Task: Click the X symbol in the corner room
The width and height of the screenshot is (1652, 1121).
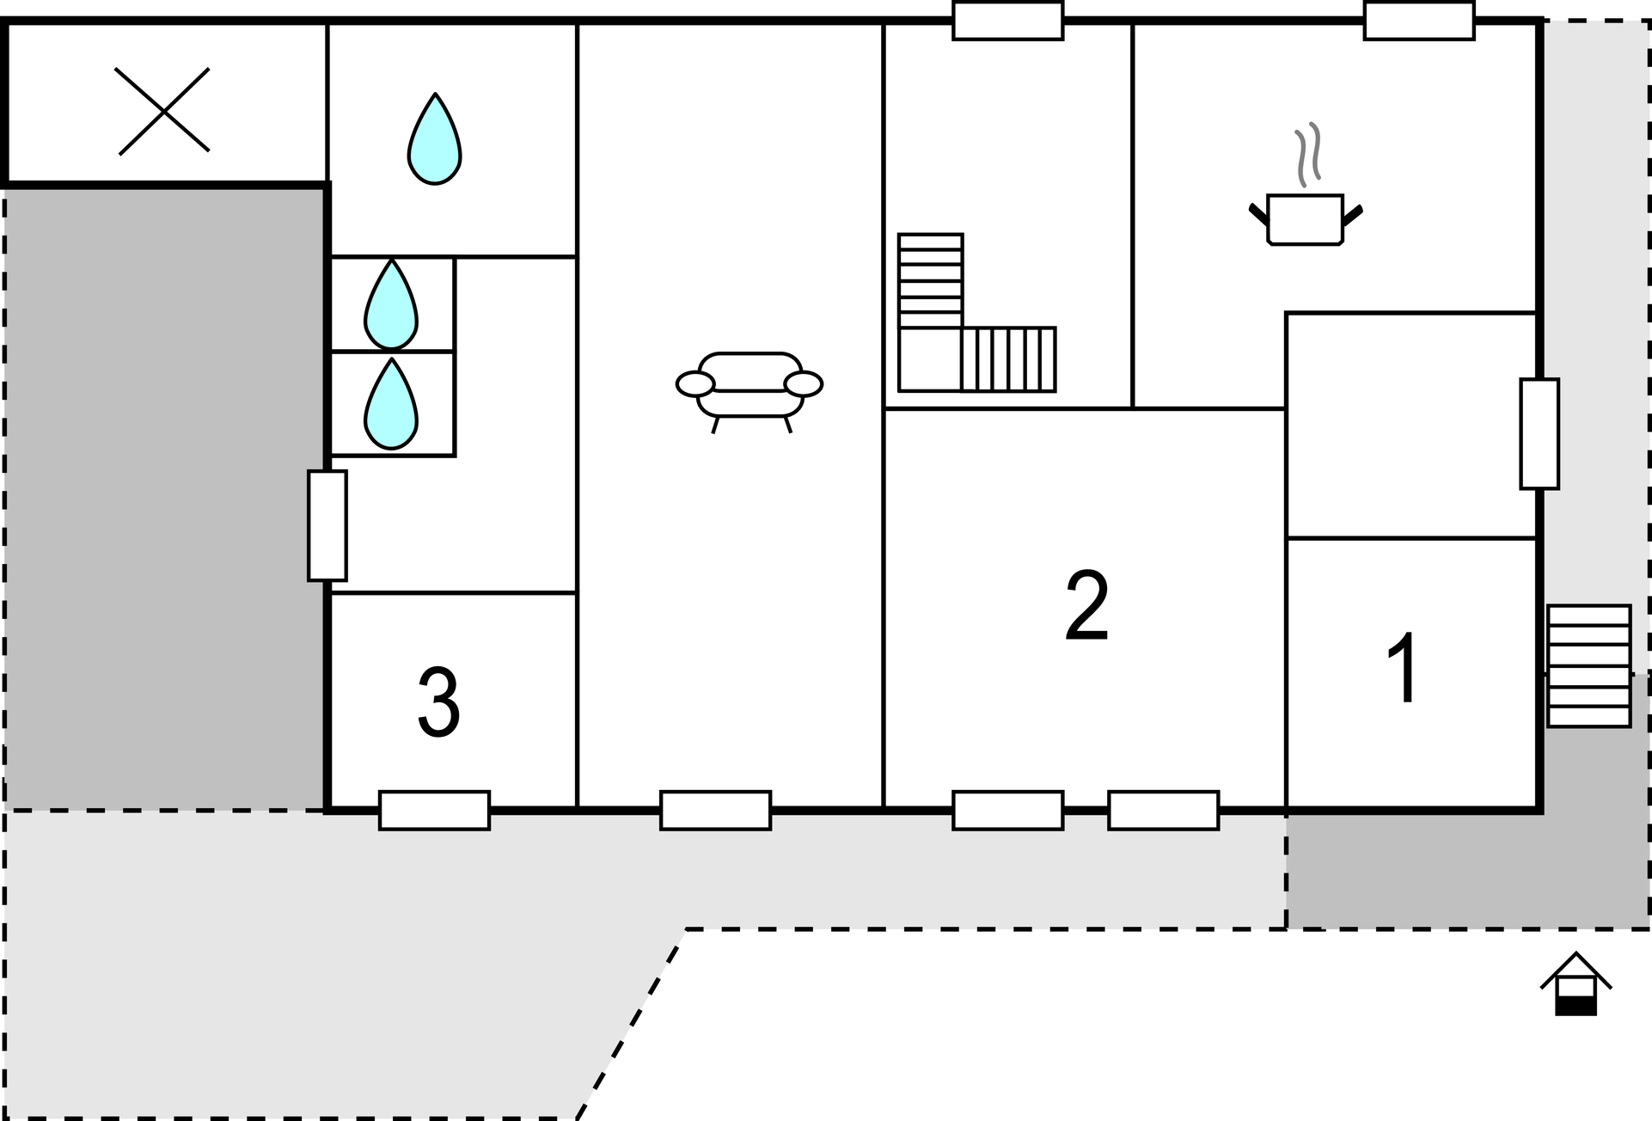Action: click(x=162, y=111)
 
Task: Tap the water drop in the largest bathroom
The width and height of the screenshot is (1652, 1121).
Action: click(x=435, y=138)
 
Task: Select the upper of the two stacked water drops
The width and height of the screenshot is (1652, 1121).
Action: click(x=391, y=303)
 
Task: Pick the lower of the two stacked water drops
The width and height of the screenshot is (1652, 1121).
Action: click(x=391, y=404)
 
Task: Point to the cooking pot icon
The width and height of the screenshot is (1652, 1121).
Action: click(x=1306, y=220)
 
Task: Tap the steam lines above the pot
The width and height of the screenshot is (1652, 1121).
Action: click(x=1307, y=155)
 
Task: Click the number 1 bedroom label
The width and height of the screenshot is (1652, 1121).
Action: click(x=1404, y=667)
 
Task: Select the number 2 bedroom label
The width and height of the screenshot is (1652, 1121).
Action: click(x=1086, y=605)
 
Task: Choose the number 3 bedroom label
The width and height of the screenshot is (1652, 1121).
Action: click(x=439, y=702)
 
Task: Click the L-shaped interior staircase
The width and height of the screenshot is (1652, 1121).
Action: click(x=976, y=313)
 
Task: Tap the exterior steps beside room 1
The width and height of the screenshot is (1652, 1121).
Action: click(x=1589, y=666)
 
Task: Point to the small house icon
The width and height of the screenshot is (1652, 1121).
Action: click(x=1576, y=983)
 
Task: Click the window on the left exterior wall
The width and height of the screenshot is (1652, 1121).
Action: click(x=327, y=525)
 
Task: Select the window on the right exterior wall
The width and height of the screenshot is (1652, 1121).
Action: click(x=1539, y=434)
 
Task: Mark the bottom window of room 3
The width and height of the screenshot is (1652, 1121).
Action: click(x=435, y=810)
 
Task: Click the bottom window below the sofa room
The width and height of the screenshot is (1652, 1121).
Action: click(x=716, y=810)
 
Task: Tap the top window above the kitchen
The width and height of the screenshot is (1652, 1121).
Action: click(x=1419, y=21)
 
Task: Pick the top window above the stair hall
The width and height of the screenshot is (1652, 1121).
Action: click(x=1008, y=21)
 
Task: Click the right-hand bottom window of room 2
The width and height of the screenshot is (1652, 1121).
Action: click(x=1164, y=810)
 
